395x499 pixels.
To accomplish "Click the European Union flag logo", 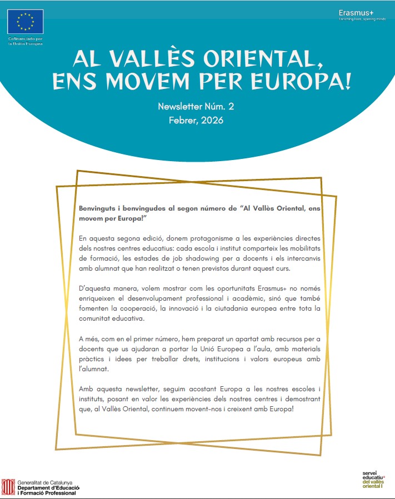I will pyautogui.click(x=25, y=22).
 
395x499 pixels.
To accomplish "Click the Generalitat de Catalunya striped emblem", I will pyautogui.click(x=8, y=486).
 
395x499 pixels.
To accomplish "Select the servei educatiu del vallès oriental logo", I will pyautogui.click(x=373, y=479).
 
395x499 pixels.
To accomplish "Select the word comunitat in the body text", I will pyautogui.click(x=97, y=319).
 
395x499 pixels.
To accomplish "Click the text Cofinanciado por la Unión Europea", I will pyautogui.click(x=24, y=41).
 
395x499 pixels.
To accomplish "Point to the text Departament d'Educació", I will pyautogui.click(x=48, y=487).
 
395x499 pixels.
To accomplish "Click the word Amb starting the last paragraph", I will pyautogui.click(x=87, y=389).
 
